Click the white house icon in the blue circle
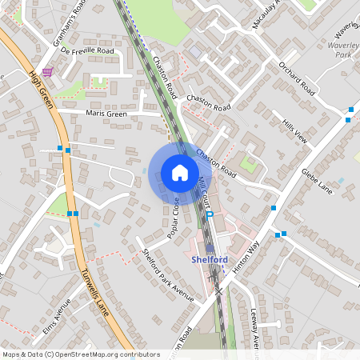[x=180, y=173]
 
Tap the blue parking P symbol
[x=210, y=215]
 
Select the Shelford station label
[x=210, y=259]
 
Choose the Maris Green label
[x=106, y=114]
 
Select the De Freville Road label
[x=86, y=50]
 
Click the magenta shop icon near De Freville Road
[x=48, y=72]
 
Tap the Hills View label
[x=294, y=130]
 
